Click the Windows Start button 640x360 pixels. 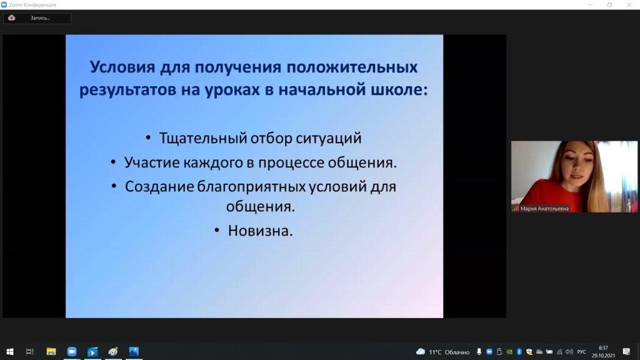[10, 351]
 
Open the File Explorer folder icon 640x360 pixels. [51, 351]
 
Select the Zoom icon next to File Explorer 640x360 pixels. [72, 351]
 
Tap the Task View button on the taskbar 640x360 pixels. [30, 351]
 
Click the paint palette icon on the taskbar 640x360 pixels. [113, 351]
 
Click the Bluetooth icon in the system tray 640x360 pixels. [519, 352]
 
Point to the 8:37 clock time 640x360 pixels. [603, 348]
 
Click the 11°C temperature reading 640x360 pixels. [435, 352]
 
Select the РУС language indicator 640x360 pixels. [582, 352]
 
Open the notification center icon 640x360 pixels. [626, 352]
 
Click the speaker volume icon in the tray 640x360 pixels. [569, 352]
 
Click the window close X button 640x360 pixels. [629, 4]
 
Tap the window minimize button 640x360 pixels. [590, 4]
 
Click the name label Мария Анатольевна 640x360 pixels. [544, 209]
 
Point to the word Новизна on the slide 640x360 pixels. [260, 231]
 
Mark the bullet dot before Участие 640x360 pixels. [113, 162]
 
